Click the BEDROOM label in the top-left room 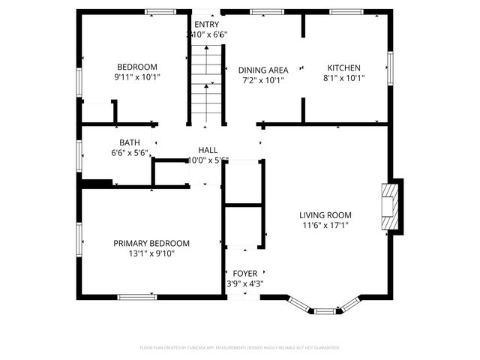pos(136,67)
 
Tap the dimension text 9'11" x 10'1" pos(136,76)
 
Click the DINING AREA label pos(263,70)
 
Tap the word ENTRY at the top pos(206,24)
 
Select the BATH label pos(129,142)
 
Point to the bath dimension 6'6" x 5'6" pos(129,153)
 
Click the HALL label pos(208,150)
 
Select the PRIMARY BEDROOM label pos(151,243)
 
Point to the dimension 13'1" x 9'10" pos(151,253)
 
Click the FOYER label pos(244,273)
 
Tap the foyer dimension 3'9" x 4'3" pos(244,283)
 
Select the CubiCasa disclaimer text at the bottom pos(240,348)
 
